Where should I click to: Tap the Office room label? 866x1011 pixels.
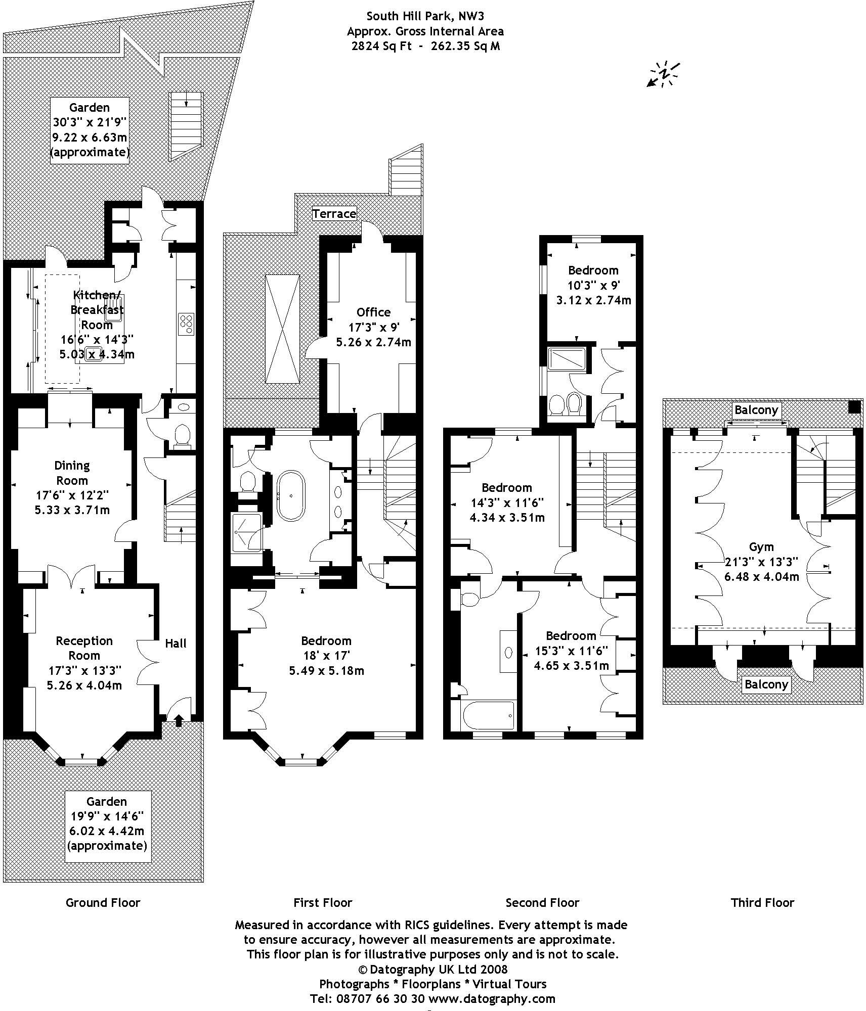point(373,312)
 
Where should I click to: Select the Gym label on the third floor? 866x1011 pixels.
point(761,546)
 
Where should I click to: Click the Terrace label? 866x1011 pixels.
point(334,213)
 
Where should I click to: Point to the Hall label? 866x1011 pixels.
point(176,643)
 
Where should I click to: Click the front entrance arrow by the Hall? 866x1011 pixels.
point(179,720)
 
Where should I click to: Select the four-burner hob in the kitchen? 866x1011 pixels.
point(186,324)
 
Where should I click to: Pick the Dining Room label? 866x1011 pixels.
point(72,473)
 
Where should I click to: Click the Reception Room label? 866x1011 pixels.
point(84,648)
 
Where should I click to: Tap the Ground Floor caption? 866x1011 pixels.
point(103,902)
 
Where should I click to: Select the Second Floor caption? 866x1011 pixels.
point(542,902)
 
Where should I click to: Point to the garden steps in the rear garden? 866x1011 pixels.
point(186,125)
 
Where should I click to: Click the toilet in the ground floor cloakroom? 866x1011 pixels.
point(182,436)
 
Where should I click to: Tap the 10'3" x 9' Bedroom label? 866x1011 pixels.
point(593,285)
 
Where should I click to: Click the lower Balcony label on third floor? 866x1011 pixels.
point(766,684)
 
